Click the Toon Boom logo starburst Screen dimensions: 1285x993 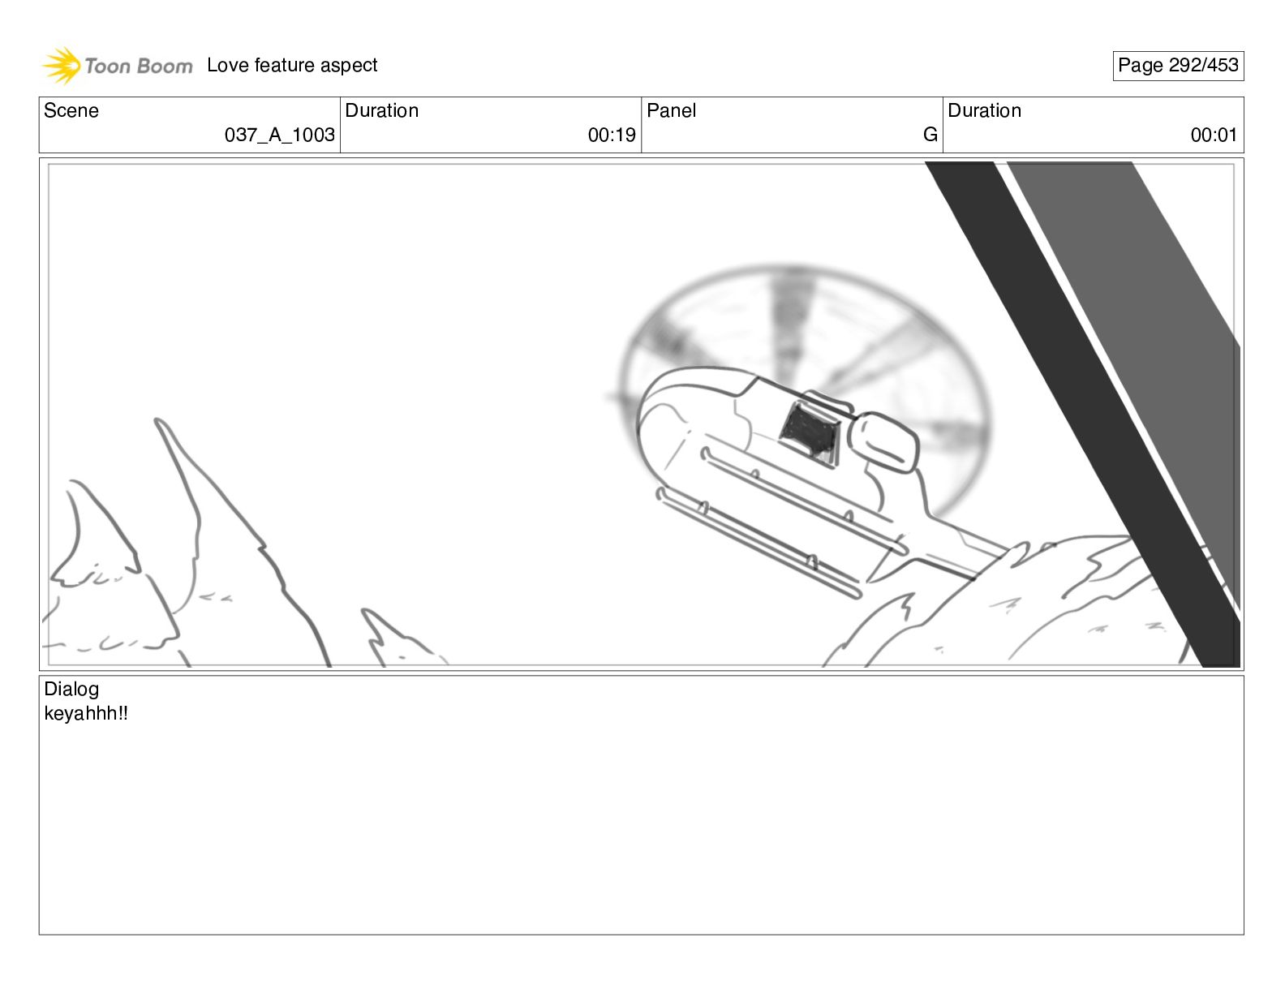point(61,65)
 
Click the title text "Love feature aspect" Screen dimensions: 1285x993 point(292,65)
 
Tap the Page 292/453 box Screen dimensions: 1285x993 point(1178,66)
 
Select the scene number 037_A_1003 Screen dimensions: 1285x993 point(280,135)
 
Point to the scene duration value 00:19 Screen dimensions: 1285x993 point(612,135)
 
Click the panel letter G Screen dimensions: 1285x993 point(930,135)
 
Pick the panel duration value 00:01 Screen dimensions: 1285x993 point(1214,135)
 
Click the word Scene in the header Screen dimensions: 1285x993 point(71,110)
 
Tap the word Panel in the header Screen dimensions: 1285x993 point(671,110)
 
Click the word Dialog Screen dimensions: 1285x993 point(71,689)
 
